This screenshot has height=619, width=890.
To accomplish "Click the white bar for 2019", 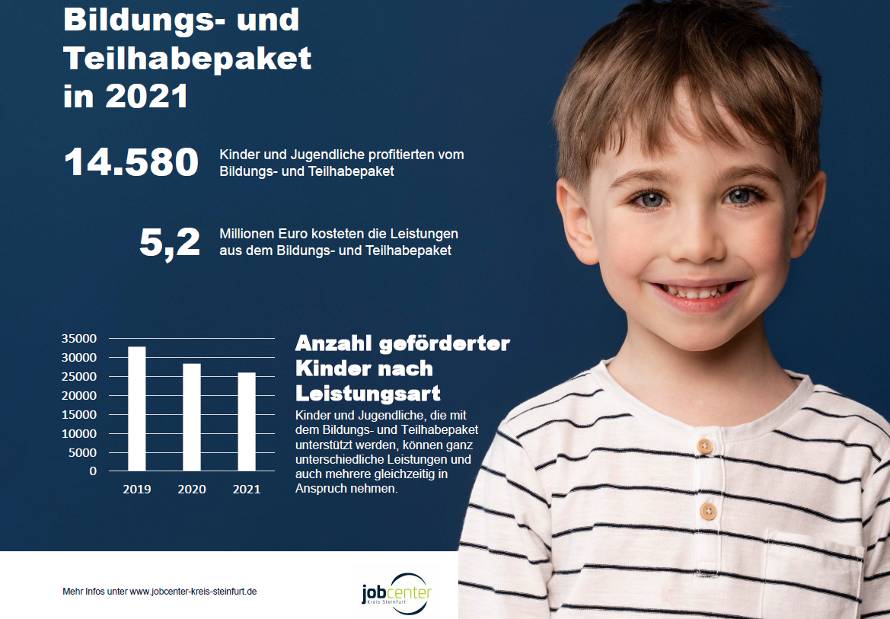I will pos(137,409).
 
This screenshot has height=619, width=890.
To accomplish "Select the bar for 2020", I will pos(192,417).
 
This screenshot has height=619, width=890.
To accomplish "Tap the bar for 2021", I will pos(247,422).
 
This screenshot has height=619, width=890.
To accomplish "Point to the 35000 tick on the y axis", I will pos(78,339).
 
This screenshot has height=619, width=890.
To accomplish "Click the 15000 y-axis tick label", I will pos(78,415).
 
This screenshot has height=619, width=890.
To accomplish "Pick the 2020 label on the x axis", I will pos(192,490).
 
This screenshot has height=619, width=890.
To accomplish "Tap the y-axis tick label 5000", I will pos(82,452).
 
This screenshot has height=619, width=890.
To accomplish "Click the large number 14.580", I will pos(131,163).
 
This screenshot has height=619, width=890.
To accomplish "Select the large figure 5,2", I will pos(169,242).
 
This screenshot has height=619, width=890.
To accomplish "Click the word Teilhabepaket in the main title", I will pos(187,58).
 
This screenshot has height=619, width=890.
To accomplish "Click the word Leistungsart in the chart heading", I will pos(368,394).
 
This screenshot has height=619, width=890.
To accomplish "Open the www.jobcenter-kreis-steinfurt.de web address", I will pos(193,592).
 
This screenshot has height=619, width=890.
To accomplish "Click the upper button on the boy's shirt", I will pos(705,445).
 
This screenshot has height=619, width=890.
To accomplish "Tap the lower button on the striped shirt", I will pos(708,510).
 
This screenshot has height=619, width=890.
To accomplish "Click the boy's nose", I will pos(694,244).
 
